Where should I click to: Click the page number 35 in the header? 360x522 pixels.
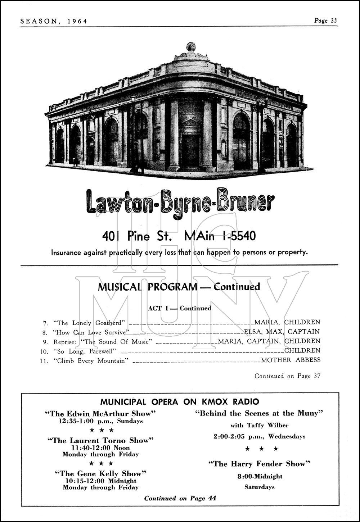pos(333,21)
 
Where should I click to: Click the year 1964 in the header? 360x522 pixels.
pos(77,21)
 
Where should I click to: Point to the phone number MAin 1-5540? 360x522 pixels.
pos(220,236)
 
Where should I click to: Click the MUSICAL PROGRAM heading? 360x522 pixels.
pos(148,287)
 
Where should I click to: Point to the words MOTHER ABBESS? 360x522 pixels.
pos(291,360)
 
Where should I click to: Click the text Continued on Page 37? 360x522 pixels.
pos(287,376)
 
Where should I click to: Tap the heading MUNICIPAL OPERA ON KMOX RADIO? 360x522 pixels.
pos(179,402)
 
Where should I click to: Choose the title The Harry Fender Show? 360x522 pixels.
pos(259,464)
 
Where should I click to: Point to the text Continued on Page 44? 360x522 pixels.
pos(180,498)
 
